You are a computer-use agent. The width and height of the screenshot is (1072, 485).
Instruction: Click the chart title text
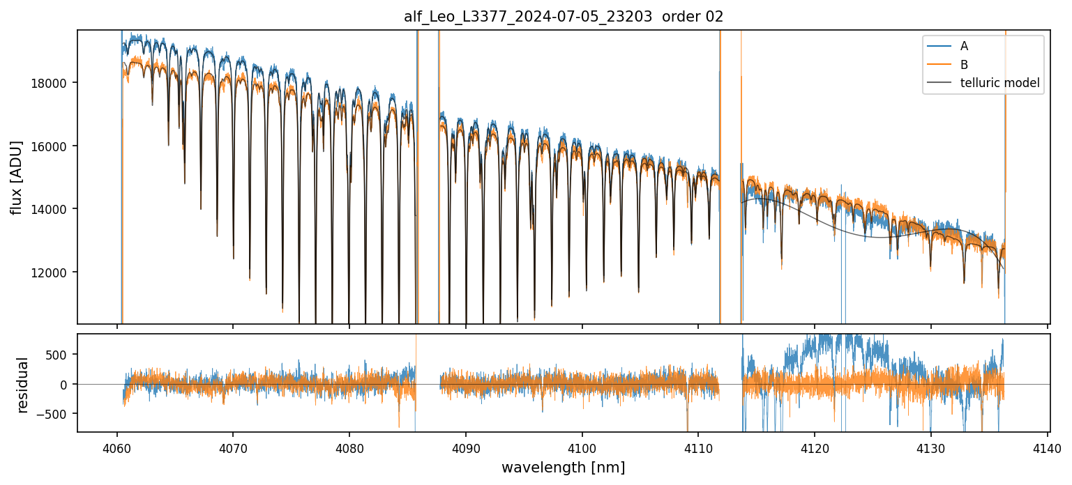pyautogui.click(x=564, y=17)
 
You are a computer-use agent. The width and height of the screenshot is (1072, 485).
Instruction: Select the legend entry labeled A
pyautogui.click(x=964, y=46)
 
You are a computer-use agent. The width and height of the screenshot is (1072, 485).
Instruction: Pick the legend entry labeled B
pyautogui.click(x=964, y=65)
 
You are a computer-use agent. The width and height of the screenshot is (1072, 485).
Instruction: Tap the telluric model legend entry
pyautogui.click(x=999, y=84)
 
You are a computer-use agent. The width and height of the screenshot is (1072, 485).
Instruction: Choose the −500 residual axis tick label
pyautogui.click(x=55, y=414)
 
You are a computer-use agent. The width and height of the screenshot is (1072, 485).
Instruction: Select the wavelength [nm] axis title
pyautogui.click(x=563, y=468)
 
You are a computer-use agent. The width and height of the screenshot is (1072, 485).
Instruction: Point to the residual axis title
pyautogui.click(x=24, y=385)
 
